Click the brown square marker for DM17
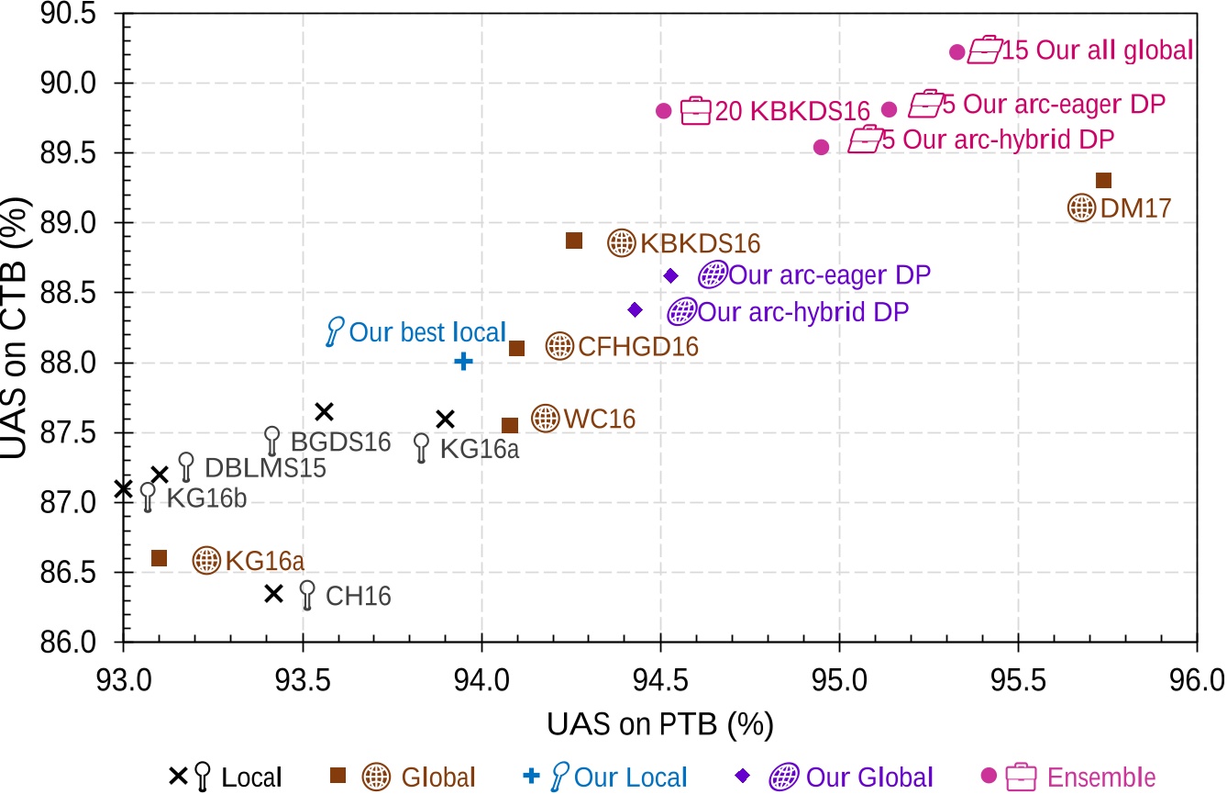(1104, 180)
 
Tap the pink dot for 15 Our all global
(956, 52)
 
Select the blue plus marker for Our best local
(464, 362)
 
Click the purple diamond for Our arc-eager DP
(670, 275)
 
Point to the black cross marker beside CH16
(273, 594)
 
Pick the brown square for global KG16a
(159, 558)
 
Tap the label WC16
(600, 419)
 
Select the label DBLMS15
(265, 467)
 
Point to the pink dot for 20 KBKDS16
(664, 111)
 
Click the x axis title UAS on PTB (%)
(659, 724)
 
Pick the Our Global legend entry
(868, 777)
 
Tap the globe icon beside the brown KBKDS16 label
(622, 242)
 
